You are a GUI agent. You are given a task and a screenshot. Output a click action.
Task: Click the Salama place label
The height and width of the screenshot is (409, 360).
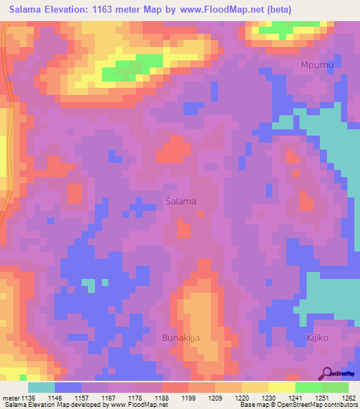click(x=181, y=201)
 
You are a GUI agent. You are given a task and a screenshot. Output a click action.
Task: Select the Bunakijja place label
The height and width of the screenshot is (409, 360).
click(x=177, y=338)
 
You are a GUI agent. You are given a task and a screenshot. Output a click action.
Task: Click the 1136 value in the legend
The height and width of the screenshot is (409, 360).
click(x=27, y=396)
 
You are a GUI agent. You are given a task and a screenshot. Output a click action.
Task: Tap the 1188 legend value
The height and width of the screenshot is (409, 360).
click(x=161, y=396)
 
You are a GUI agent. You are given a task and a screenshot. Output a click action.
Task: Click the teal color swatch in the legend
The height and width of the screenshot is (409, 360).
click(x=41, y=387)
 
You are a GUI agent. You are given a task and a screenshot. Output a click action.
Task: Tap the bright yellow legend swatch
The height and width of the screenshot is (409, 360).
click(x=282, y=387)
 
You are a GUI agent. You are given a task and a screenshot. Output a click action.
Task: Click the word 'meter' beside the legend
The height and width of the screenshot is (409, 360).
click(x=9, y=396)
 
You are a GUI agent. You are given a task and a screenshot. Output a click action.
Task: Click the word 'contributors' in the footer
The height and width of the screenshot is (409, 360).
click(x=338, y=405)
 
